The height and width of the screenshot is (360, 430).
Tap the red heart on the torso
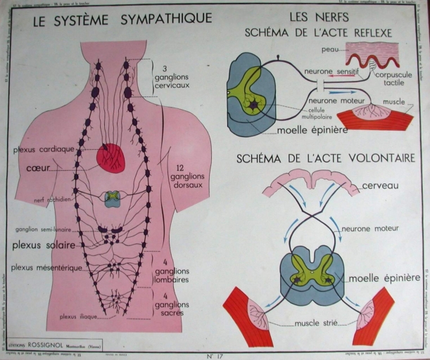click(110, 157)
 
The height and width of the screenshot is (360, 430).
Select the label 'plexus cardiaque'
click(43, 149)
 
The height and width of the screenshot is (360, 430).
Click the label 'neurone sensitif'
click(331, 72)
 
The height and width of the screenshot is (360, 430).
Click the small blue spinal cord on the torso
click(112, 199)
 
